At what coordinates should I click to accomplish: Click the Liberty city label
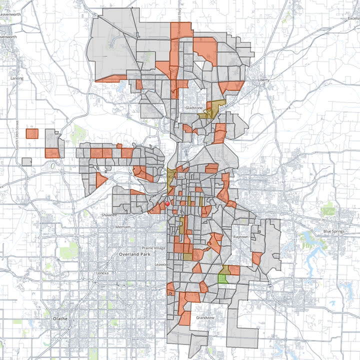[263, 80]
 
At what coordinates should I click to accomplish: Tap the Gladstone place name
[192, 107]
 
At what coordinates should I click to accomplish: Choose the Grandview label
[205, 318]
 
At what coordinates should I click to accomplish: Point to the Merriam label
[122, 226]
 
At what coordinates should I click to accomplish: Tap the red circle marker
[167, 203]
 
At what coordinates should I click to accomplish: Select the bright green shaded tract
[223, 279]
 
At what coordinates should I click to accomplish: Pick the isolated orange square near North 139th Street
[32, 133]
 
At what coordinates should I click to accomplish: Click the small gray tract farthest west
[26, 162]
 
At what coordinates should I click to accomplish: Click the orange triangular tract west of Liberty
[230, 87]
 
